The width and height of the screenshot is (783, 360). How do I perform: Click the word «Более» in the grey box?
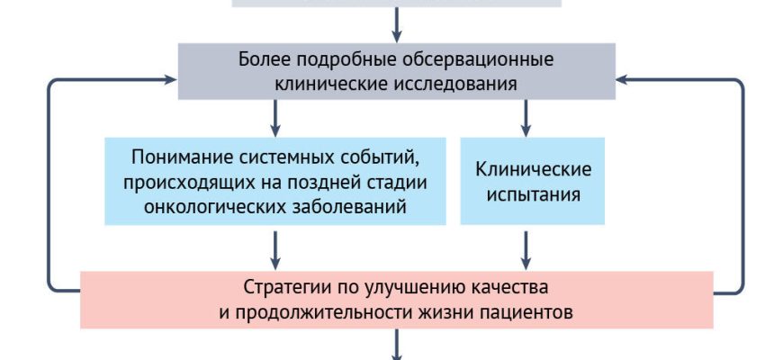click(x=263, y=60)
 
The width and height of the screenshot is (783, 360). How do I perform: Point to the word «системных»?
click(x=283, y=157)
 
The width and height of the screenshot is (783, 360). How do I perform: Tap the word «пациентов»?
click(x=525, y=313)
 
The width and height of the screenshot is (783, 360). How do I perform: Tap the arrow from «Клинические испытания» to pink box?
click(x=526, y=247)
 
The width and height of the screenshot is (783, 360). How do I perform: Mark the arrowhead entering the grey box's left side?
click(x=168, y=79)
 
